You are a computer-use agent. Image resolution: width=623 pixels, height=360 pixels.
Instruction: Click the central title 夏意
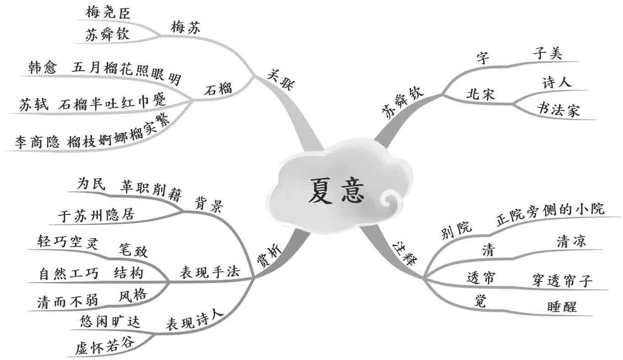click(x=336, y=191)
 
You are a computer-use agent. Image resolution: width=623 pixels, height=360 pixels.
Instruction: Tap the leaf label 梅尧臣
click(x=108, y=13)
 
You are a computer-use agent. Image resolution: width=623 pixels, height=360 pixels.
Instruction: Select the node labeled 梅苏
click(x=186, y=27)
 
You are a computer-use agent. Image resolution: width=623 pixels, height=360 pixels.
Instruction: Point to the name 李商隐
click(x=37, y=142)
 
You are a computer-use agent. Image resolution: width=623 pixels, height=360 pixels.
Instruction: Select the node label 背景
click(x=209, y=204)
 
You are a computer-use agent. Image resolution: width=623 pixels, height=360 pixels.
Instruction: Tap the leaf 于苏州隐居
click(x=97, y=215)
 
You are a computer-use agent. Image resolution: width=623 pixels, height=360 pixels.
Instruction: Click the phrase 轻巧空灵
click(x=69, y=242)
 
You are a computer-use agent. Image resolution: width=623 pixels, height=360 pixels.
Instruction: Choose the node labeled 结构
click(x=128, y=273)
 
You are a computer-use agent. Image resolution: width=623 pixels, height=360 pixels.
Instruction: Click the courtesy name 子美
click(x=548, y=53)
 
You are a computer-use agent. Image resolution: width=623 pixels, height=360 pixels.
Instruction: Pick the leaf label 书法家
click(x=558, y=110)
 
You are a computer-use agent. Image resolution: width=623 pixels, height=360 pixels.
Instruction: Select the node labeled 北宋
click(x=481, y=95)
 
